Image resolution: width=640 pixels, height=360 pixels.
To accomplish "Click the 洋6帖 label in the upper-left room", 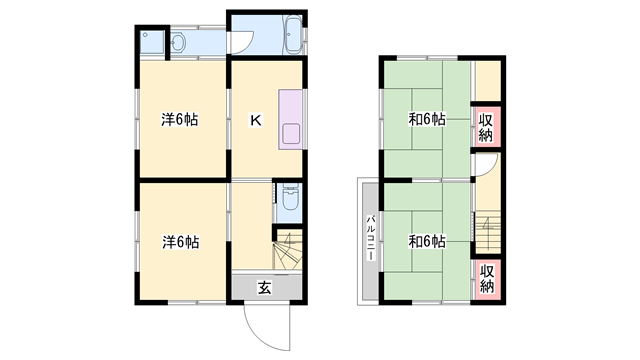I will coord(179,120).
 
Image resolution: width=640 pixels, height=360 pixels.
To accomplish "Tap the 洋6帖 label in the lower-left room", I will coord(180,241).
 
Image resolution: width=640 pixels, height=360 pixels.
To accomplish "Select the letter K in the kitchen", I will coord(255,120).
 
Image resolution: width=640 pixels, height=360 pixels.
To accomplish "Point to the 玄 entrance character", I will coord(265,288).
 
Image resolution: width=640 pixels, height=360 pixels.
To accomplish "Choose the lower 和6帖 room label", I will coord(426,241).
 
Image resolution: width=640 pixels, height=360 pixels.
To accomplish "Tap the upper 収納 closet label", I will coord(486,127).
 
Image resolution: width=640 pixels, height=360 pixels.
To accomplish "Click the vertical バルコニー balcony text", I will coord(370,238).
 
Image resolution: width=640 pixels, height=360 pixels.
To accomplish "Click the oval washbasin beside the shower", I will coord(177,43).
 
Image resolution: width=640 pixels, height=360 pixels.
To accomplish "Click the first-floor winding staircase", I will coord(287,250).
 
